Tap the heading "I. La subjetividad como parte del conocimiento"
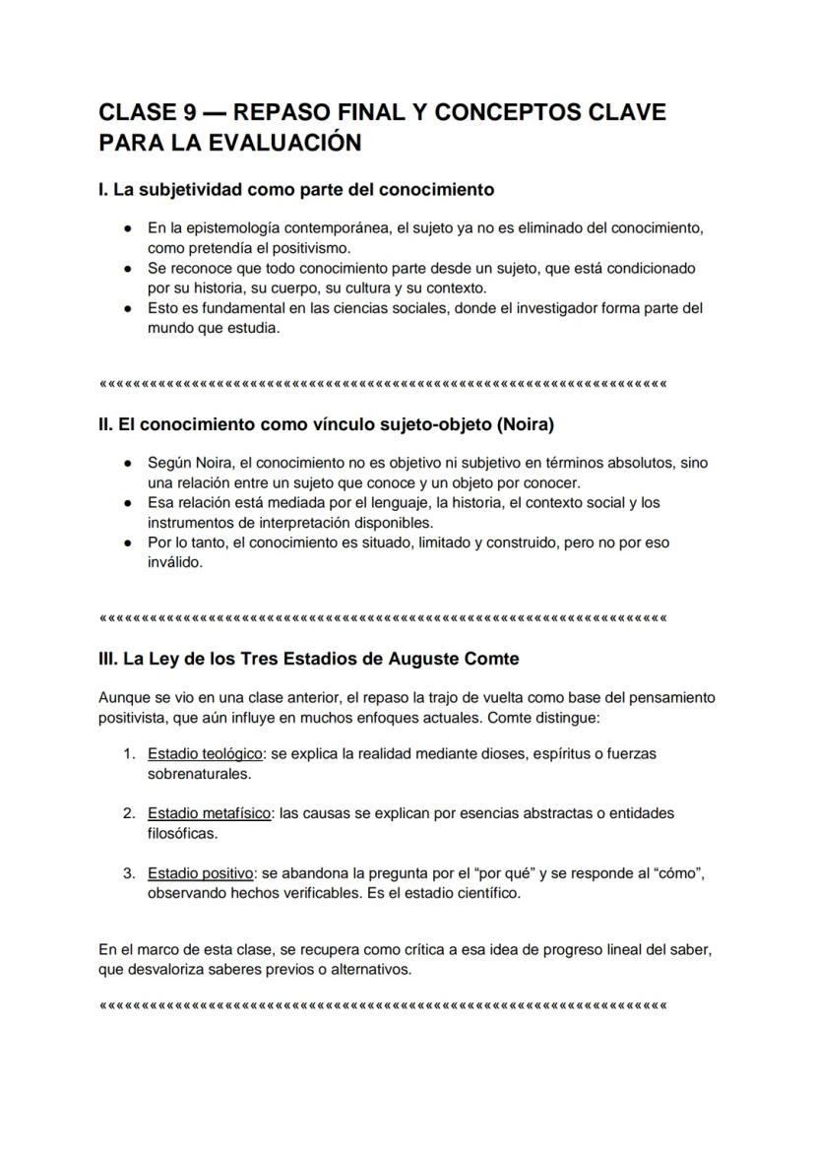coord(295,188)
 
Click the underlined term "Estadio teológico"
coord(205,753)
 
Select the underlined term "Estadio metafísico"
coord(209,813)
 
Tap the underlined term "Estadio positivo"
coord(201,873)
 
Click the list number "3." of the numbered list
coord(129,873)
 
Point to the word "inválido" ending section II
coord(174,562)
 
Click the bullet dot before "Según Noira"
coord(129,463)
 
